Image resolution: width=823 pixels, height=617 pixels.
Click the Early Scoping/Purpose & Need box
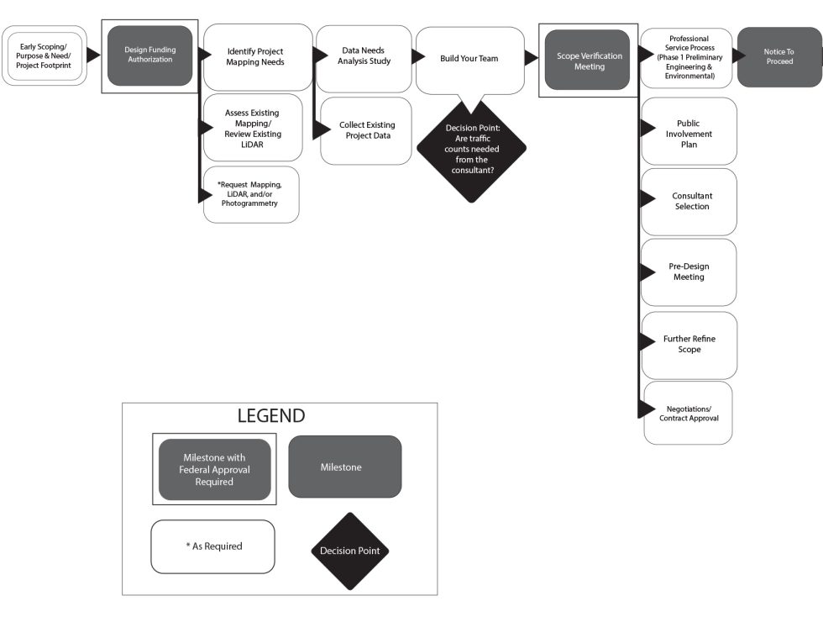pyautogui.click(x=44, y=55)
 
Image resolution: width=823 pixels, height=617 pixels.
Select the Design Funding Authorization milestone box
pyautogui.click(x=150, y=55)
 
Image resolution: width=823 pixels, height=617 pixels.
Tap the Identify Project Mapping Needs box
pyautogui.click(x=257, y=57)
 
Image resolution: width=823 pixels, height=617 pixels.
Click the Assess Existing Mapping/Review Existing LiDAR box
pyautogui.click(x=253, y=128)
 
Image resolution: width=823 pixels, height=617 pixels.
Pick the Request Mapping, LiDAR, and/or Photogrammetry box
pyautogui.click(x=251, y=194)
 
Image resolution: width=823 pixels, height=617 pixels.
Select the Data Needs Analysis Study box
pyautogui.click(x=364, y=57)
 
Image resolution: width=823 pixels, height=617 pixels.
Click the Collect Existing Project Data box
pyautogui.click(x=366, y=130)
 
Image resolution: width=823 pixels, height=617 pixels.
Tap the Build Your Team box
pyautogui.click(x=469, y=59)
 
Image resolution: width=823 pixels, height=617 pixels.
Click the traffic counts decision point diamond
pyautogui.click(x=471, y=148)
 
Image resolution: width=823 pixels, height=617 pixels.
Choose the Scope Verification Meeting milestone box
pyautogui.click(x=588, y=61)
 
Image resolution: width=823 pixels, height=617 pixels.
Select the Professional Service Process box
pyautogui.click(x=688, y=57)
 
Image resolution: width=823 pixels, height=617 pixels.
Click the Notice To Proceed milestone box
pyautogui.click(x=778, y=57)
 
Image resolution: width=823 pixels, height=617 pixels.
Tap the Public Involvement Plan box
pyautogui.click(x=689, y=131)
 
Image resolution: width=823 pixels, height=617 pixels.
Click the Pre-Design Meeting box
pyautogui.click(x=689, y=272)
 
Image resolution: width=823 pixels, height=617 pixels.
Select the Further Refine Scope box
pyautogui.click(x=689, y=345)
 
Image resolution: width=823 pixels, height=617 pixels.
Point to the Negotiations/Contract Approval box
pyautogui.click(x=689, y=413)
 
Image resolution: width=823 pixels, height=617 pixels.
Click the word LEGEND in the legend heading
pyautogui.click(x=270, y=416)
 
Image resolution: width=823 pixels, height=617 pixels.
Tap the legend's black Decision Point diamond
pyautogui.click(x=349, y=551)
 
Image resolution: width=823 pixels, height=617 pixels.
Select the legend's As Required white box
pyautogui.click(x=212, y=546)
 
